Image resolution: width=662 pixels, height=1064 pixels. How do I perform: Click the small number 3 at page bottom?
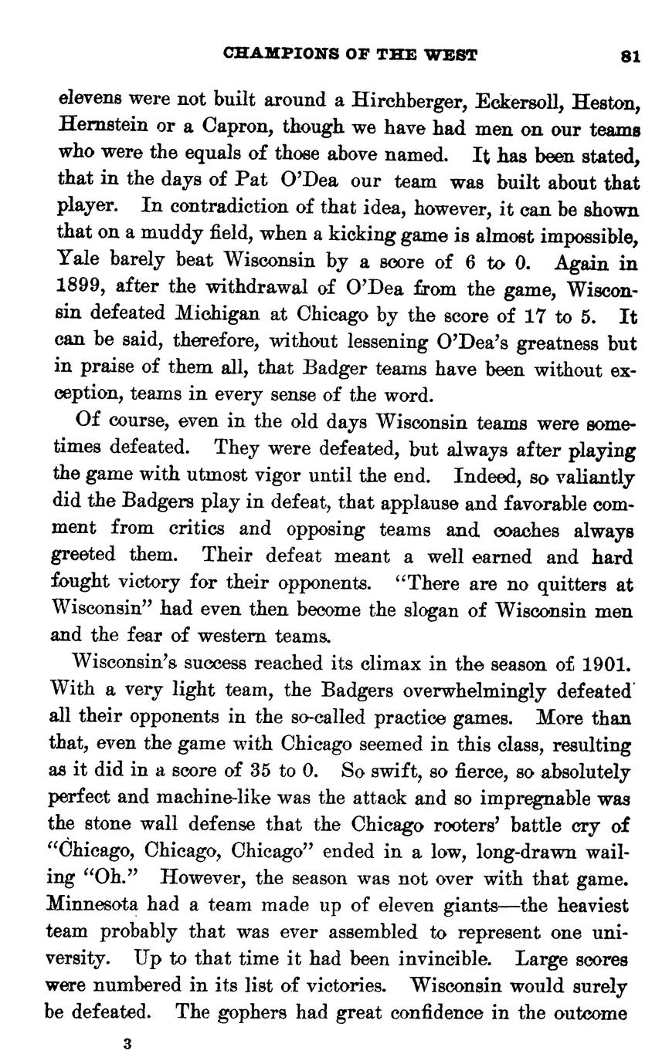coord(127,1044)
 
